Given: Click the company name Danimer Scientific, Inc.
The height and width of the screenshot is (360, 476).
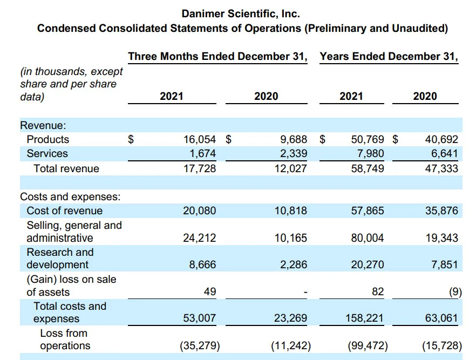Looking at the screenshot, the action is (x=241, y=13).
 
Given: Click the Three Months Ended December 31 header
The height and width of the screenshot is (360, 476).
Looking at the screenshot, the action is (x=217, y=57).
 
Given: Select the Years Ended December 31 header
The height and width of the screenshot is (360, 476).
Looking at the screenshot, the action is (x=389, y=57).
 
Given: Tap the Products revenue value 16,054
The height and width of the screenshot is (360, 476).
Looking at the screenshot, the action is (x=200, y=139).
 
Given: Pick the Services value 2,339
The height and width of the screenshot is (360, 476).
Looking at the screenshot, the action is (x=293, y=153).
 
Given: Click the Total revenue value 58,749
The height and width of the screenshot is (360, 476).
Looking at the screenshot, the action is (x=368, y=168).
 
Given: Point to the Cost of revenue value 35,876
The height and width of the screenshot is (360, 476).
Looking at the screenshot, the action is (x=441, y=210).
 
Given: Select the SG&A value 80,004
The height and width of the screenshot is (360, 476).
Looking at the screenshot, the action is (x=368, y=237).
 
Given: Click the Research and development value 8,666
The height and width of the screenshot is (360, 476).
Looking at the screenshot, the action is (x=202, y=264).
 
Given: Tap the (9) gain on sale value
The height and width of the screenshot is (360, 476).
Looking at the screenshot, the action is (x=455, y=292).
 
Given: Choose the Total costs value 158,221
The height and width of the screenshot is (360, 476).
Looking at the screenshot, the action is (x=365, y=318).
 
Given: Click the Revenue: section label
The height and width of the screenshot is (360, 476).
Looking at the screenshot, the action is (x=43, y=125).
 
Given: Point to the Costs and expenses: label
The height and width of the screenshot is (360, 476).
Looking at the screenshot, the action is (x=70, y=196).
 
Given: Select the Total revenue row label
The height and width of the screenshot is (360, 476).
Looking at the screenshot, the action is (x=66, y=168).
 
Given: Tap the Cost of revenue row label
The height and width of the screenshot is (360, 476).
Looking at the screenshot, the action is (x=64, y=210).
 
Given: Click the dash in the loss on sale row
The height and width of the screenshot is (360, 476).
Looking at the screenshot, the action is (x=305, y=293).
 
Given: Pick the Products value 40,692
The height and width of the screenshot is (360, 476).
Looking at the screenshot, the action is (x=441, y=139).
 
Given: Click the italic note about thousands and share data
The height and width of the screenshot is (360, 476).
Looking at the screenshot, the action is (x=71, y=84).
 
